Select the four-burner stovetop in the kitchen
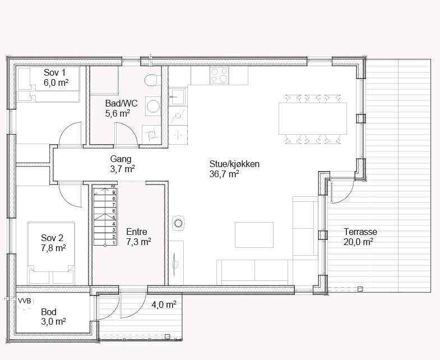coord(219,75)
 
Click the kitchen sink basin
coord(178,97)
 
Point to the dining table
coord(313,118)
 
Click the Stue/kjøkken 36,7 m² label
coord(234,169)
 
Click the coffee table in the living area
coord(254,235)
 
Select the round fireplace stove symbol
coord(178,223)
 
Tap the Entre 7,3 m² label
coord(138,237)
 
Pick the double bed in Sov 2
coord(51,253)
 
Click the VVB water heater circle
coord(25,301)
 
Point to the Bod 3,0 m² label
coord(53,316)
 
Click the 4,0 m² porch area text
coord(164,304)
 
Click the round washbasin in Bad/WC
coord(153,107)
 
